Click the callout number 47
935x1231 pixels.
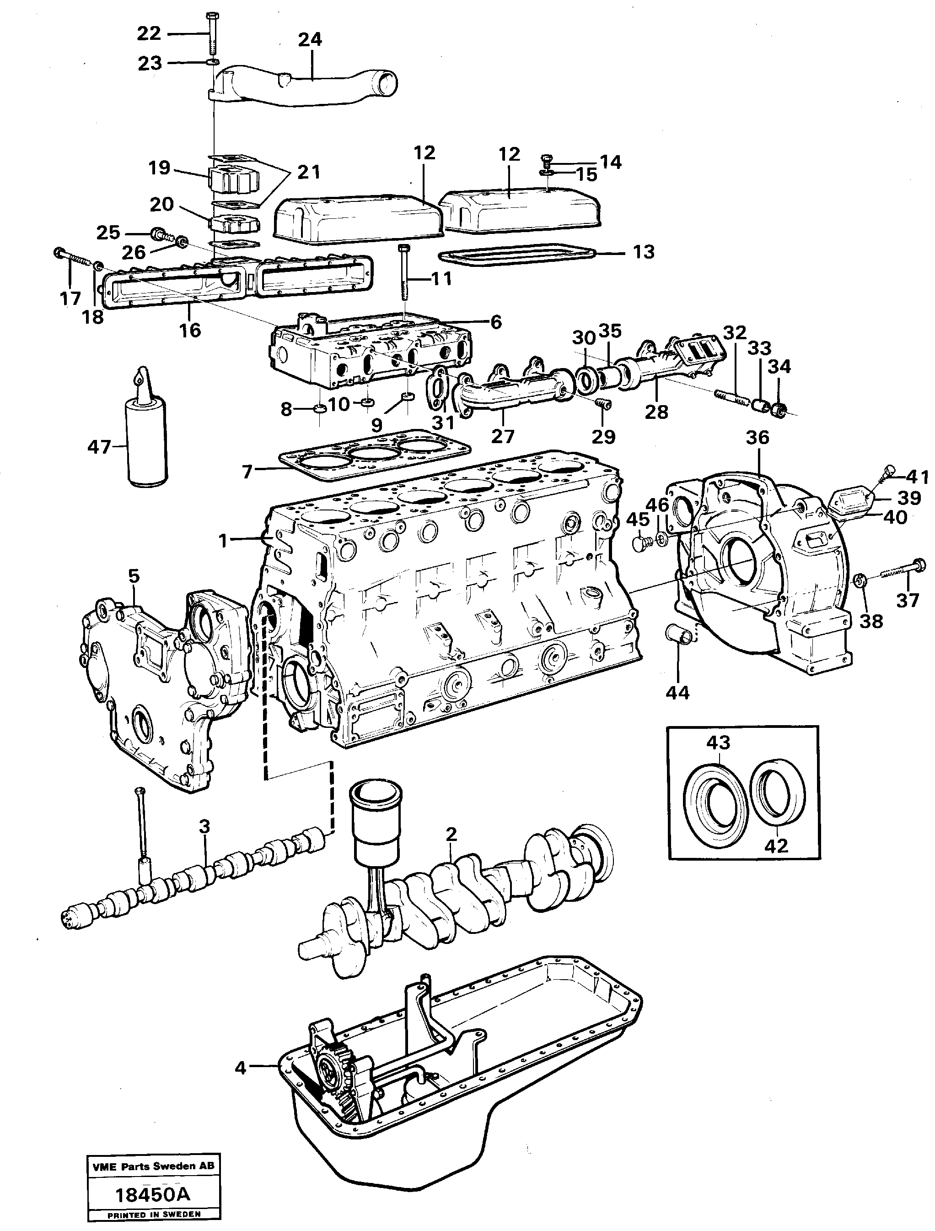[99, 447]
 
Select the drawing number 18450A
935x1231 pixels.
[152, 1194]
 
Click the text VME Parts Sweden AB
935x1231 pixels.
[152, 1166]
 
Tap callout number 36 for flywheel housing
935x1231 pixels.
[758, 438]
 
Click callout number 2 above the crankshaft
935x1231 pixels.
[451, 850]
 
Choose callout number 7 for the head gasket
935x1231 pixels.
[247, 472]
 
